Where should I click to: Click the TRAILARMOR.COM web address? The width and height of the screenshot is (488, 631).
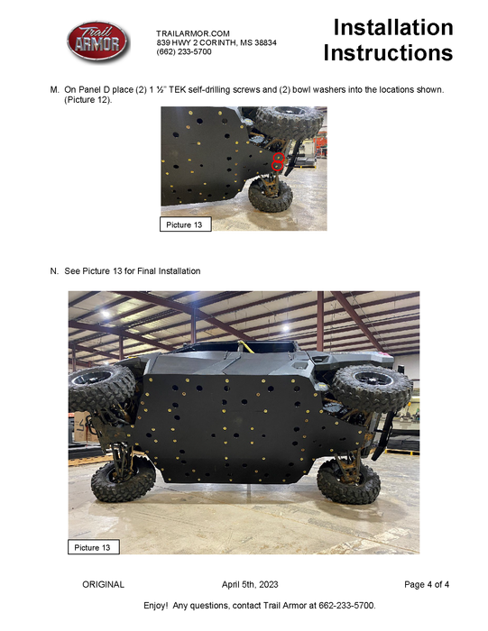coord(191,32)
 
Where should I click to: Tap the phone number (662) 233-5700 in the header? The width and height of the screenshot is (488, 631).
coord(184,51)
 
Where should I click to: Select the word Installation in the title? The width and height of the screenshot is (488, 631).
coord(392,27)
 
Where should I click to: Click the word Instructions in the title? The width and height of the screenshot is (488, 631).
coord(388,53)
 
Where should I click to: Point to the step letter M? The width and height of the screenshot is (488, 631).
coord(55,91)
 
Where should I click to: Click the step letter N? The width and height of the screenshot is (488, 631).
coord(55,270)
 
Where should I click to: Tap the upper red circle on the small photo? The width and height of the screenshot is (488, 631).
coord(279,157)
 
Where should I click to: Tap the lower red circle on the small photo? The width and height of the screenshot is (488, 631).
coord(279,167)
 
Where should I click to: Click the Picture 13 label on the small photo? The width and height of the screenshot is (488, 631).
coord(185,224)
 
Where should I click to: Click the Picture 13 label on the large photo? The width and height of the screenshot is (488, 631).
coord(94,547)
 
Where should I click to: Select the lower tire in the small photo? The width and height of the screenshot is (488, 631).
coord(269,196)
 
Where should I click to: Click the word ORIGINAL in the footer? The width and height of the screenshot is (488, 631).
coord(103,585)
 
